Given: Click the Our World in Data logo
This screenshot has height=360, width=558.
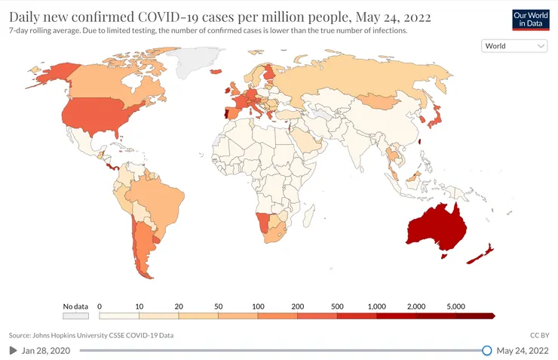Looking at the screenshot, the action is [531, 20].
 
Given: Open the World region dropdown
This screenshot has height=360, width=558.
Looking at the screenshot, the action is [514, 46].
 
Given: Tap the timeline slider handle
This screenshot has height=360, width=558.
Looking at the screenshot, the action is [487, 350].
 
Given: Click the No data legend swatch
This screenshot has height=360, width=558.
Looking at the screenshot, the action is [76, 315].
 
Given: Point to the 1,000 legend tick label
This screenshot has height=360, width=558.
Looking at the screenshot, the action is [376, 306].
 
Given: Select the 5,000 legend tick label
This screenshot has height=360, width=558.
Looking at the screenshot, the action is [456, 306].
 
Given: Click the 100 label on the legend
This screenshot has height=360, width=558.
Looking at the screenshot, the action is [258, 306].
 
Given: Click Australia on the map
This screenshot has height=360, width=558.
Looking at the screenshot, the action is [437, 227].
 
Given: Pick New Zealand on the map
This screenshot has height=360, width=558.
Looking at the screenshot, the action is [481, 254].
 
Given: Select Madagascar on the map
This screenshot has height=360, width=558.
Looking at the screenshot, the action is [308, 216].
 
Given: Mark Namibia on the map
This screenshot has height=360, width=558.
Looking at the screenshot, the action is [262, 222].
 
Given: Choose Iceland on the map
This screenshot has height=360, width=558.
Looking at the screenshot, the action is [216, 72].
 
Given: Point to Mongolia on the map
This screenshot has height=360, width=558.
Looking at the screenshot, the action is [378, 101].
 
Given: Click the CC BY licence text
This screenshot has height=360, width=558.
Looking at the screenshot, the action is [539, 335].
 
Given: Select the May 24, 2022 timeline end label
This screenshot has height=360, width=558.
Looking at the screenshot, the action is [523, 351].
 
